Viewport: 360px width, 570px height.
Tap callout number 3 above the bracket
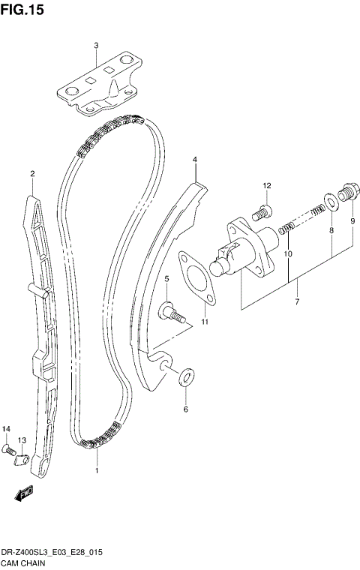(96, 46)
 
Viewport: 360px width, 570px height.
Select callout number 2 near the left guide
(32, 174)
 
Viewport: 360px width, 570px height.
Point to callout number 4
(194, 160)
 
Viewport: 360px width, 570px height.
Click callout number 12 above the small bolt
(266, 185)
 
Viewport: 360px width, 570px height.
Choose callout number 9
(352, 220)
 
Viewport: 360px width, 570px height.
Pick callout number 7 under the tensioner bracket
(297, 301)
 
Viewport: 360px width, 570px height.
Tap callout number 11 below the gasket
(203, 322)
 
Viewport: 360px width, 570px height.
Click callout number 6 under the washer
(186, 409)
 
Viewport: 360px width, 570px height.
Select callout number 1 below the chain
(97, 470)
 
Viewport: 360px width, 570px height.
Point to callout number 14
(7, 428)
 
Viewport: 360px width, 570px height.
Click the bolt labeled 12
(262, 213)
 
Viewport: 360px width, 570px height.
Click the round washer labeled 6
(186, 376)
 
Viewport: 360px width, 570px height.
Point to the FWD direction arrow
(22, 493)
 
